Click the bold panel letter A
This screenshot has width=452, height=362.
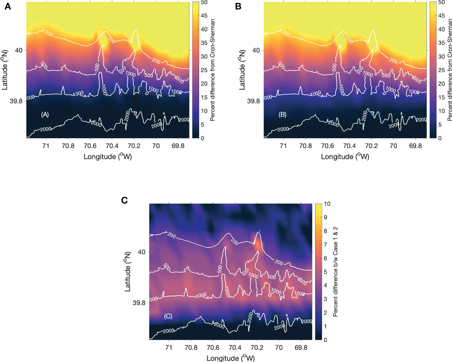(8, 6)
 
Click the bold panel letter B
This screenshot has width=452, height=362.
(238, 6)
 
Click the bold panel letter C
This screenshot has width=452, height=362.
(124, 200)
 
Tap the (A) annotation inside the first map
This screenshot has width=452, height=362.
(45, 115)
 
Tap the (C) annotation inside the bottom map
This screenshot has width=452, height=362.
(168, 316)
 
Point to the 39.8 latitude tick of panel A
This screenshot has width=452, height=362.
(16, 101)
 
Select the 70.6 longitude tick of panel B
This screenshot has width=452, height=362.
(327, 146)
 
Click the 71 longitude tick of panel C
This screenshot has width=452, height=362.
(169, 347)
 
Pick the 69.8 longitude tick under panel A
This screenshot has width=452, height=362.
(178, 146)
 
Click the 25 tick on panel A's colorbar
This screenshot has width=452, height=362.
(204, 70)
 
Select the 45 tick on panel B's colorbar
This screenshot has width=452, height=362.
(441, 16)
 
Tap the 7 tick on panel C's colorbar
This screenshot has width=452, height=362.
(325, 245)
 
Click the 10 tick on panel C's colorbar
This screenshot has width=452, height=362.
(327, 204)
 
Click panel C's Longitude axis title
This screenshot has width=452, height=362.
(231, 358)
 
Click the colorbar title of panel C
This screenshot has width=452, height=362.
(336, 272)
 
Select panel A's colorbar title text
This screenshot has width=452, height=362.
(212, 70)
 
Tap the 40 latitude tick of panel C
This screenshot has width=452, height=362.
(141, 252)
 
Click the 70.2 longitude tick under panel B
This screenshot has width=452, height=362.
(371, 146)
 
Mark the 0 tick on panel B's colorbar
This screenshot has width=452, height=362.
(440, 138)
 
